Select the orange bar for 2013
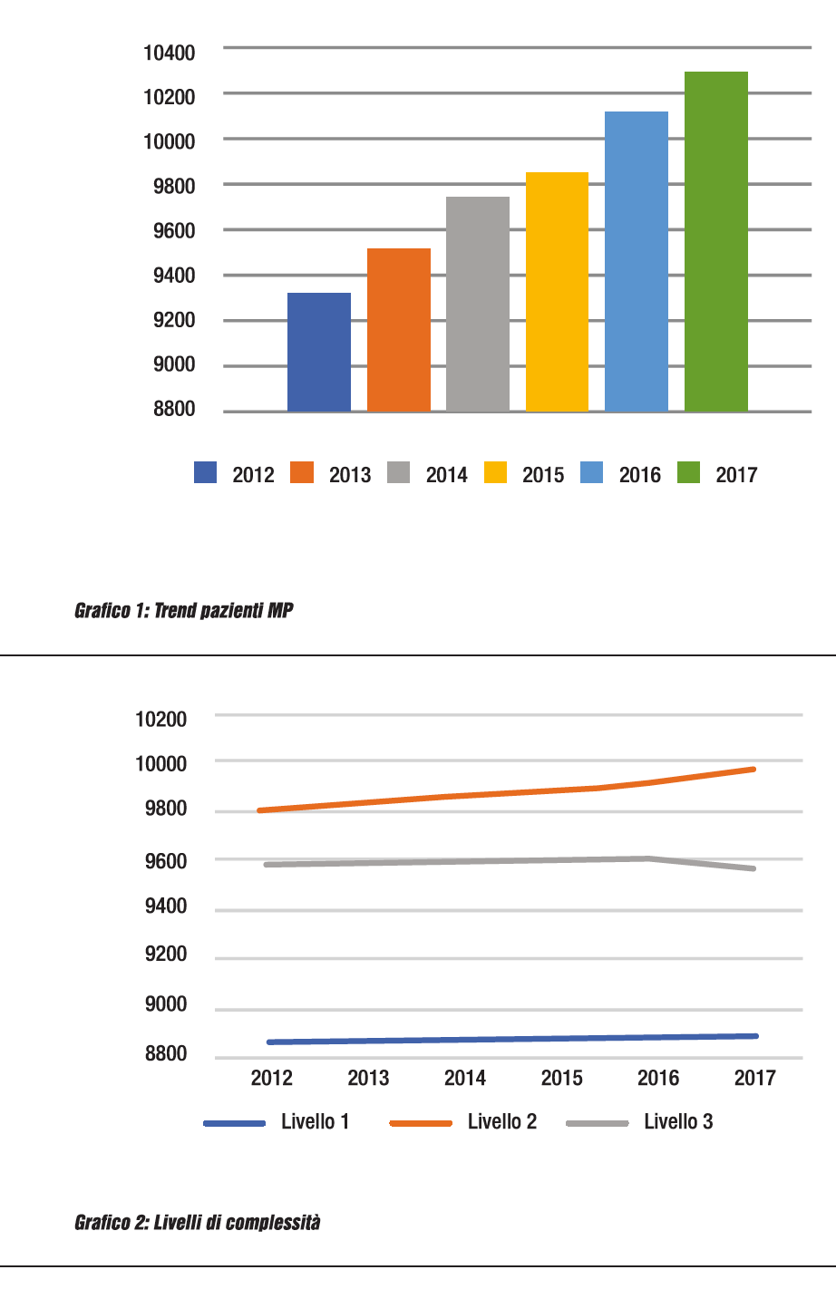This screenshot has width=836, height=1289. click(x=399, y=330)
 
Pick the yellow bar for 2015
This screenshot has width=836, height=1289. click(x=557, y=292)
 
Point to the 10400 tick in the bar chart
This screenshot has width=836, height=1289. click(x=170, y=53)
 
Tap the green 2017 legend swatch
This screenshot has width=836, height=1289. click(x=689, y=473)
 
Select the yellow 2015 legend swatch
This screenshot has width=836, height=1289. click(x=496, y=473)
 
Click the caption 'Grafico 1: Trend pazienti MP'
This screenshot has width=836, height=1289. click(x=184, y=610)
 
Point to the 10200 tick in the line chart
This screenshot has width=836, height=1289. click(x=161, y=720)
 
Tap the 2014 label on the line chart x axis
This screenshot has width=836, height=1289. click(x=465, y=1078)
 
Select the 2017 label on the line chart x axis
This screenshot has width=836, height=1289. click(x=754, y=1078)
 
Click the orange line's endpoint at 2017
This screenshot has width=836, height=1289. click(x=753, y=770)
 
